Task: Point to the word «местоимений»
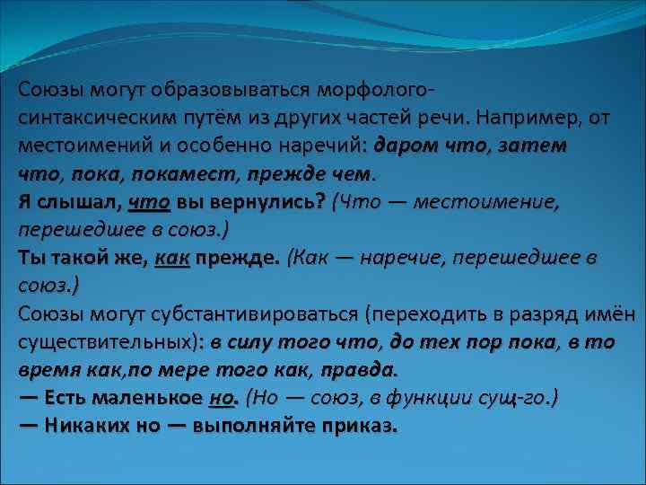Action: pyautogui.click(x=76, y=145)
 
